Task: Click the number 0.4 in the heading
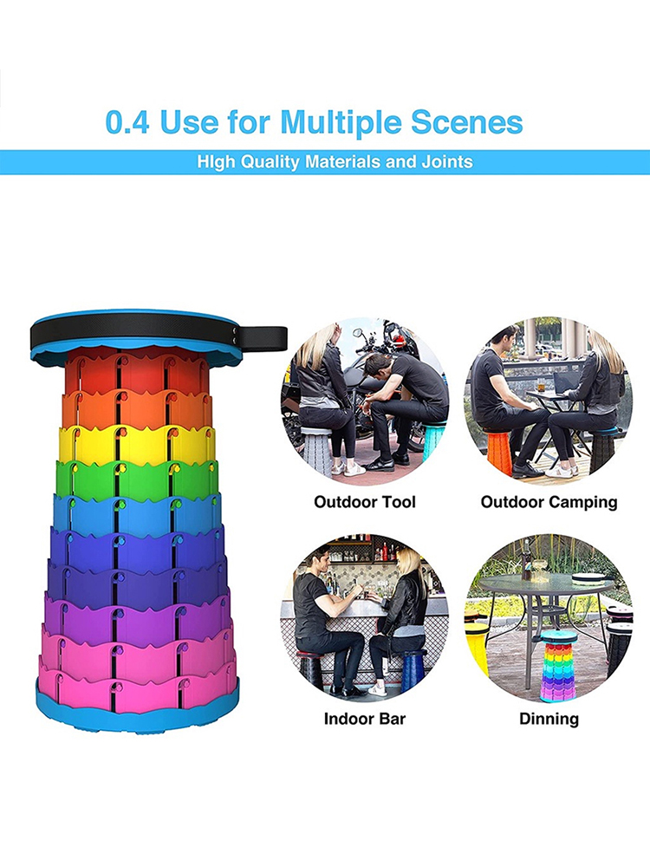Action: pos(127,121)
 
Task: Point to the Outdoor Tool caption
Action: pos(365,502)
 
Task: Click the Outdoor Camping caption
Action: pos(549,502)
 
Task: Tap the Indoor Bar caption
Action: pos(365,719)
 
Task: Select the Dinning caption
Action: pos(549,719)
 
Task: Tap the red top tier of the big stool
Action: pos(136,372)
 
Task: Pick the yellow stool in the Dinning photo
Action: pos(477,645)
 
